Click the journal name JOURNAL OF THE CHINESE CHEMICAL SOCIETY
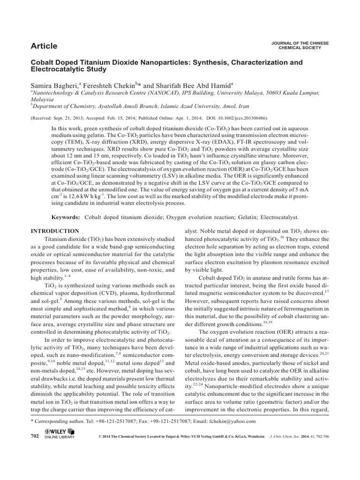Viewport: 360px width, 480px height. click(x=300, y=45)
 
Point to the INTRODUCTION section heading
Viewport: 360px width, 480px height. click(x=55, y=231)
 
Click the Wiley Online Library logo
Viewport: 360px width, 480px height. click(x=60, y=435)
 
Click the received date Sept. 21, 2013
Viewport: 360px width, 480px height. click(x=71, y=119)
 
